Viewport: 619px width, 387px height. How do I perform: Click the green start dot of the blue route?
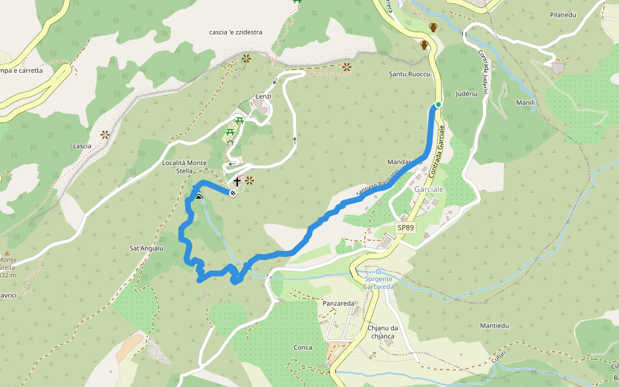point(438,104)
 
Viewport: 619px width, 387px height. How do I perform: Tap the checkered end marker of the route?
point(233,192)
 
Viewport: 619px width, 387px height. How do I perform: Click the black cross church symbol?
point(237,182)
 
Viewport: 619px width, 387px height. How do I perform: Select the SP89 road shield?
point(406,228)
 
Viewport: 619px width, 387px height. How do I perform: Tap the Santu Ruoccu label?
point(409,74)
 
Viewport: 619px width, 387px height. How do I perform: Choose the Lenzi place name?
point(263,96)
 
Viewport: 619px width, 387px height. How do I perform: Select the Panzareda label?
point(339,303)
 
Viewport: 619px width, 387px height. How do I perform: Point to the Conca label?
point(303,348)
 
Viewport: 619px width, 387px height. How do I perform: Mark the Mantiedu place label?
point(495,326)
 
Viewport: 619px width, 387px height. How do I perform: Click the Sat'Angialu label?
point(147,248)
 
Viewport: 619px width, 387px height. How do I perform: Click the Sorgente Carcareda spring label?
point(378,282)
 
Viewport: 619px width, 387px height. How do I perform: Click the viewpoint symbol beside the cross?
point(250,181)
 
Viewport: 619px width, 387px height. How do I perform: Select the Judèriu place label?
point(465,93)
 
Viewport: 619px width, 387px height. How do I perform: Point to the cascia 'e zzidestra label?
point(235,32)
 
